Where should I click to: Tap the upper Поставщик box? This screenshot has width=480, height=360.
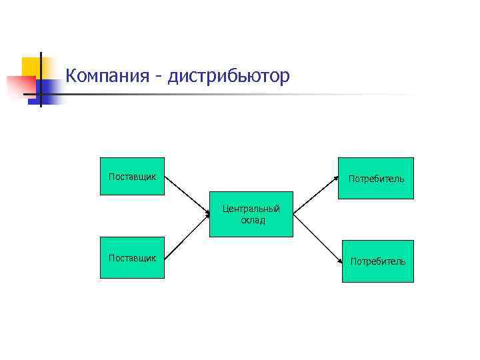132,185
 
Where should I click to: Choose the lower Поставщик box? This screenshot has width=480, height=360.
132,266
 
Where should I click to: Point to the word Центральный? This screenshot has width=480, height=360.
251,209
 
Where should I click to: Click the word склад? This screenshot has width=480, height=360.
253,220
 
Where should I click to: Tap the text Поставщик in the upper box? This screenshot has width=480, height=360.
132,177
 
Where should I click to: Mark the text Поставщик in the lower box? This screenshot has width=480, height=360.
132,257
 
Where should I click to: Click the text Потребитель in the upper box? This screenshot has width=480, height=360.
376,179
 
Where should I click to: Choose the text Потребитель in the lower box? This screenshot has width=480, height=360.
377,261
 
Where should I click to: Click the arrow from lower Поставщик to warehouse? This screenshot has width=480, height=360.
187,236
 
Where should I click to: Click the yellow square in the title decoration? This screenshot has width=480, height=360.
31,66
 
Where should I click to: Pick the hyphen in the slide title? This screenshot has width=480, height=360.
158,77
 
